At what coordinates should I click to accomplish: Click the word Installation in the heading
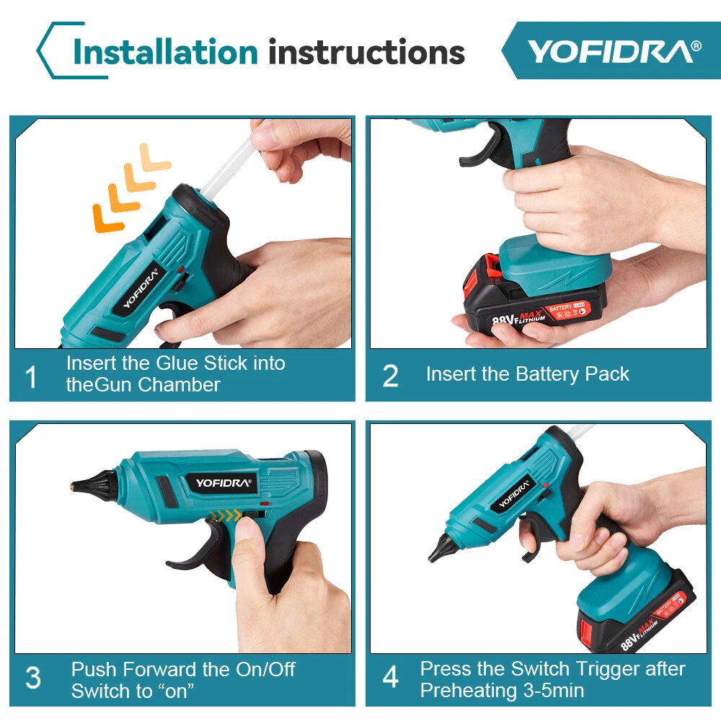pos(166,51)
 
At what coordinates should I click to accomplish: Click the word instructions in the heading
pos(366,51)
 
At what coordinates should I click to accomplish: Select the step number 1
pos(31,377)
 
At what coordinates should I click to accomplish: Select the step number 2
pos(390,376)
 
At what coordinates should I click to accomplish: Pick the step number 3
pos(33,678)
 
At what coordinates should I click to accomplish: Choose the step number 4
pos(390,677)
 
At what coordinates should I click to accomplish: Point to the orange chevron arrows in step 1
pos(131,188)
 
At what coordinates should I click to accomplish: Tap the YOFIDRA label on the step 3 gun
pos(223,483)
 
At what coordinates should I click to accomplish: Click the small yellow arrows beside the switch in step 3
pos(224,516)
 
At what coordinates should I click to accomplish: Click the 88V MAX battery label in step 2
pos(518,317)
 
